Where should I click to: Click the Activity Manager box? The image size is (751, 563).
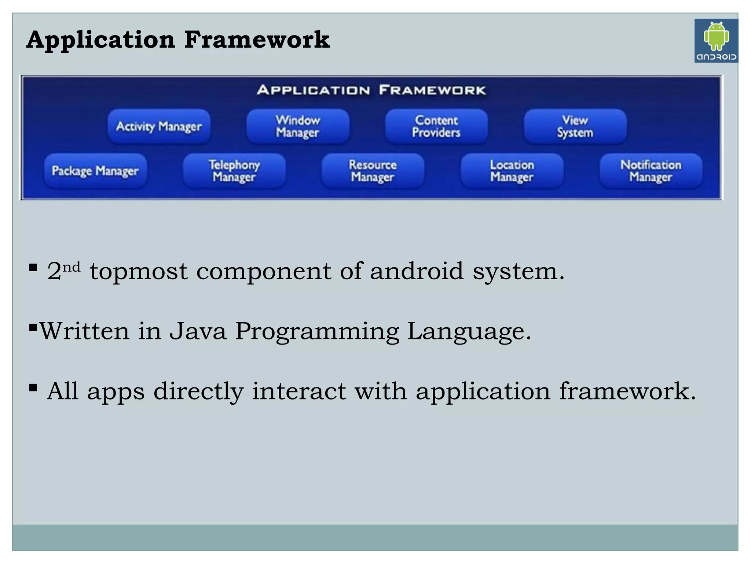pos(159,126)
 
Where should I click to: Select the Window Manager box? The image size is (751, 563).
pos(298,126)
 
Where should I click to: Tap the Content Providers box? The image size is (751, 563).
pos(436,126)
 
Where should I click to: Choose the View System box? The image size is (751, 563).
pos(575,126)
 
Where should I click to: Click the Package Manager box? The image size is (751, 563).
pos(95,171)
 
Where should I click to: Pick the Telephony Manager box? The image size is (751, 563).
pos(234,171)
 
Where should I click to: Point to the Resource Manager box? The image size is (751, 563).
pos(373,171)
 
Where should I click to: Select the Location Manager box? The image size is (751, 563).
pos(512,171)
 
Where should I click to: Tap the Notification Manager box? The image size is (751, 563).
pos(651,171)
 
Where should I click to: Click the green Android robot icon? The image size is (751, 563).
pos(716,36)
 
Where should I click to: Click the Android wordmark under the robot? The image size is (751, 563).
pos(716,57)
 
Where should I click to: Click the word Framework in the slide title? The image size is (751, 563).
pos(257,40)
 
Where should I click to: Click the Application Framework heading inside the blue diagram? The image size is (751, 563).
pos(371,90)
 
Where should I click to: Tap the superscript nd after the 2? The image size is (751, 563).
pos(71,267)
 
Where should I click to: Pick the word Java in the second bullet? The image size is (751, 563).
pos(198,331)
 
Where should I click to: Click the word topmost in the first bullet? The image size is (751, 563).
pos(139,272)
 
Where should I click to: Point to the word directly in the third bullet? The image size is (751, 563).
pos(198,391)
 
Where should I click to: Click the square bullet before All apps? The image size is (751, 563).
pos(33,387)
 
